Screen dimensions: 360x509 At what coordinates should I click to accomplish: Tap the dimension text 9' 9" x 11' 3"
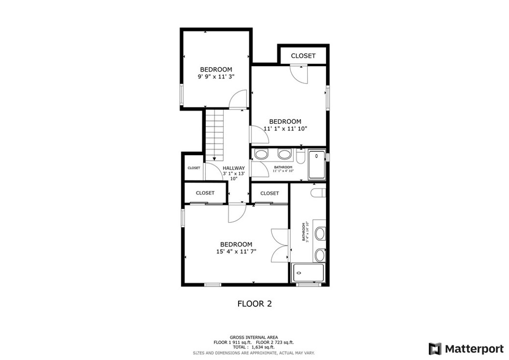[216, 77]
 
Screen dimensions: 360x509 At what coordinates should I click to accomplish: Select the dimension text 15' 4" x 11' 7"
[236, 252]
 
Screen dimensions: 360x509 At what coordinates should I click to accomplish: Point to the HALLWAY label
[234, 168]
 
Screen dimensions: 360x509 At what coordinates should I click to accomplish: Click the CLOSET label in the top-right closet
[303, 56]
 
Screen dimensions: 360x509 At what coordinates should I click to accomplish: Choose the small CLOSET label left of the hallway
[194, 168]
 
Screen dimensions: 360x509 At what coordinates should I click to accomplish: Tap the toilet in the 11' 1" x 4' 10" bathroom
[300, 156]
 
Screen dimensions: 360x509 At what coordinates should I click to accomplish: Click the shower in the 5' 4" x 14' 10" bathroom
[308, 273]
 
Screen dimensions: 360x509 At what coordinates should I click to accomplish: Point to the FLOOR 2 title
[254, 303]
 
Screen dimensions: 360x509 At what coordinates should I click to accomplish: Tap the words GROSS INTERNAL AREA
[254, 337]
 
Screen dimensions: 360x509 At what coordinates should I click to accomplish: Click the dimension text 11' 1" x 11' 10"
[285, 129]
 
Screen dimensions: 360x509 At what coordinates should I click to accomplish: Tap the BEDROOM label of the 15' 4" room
[236, 244]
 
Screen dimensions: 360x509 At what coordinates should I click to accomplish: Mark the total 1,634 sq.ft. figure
[254, 348]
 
